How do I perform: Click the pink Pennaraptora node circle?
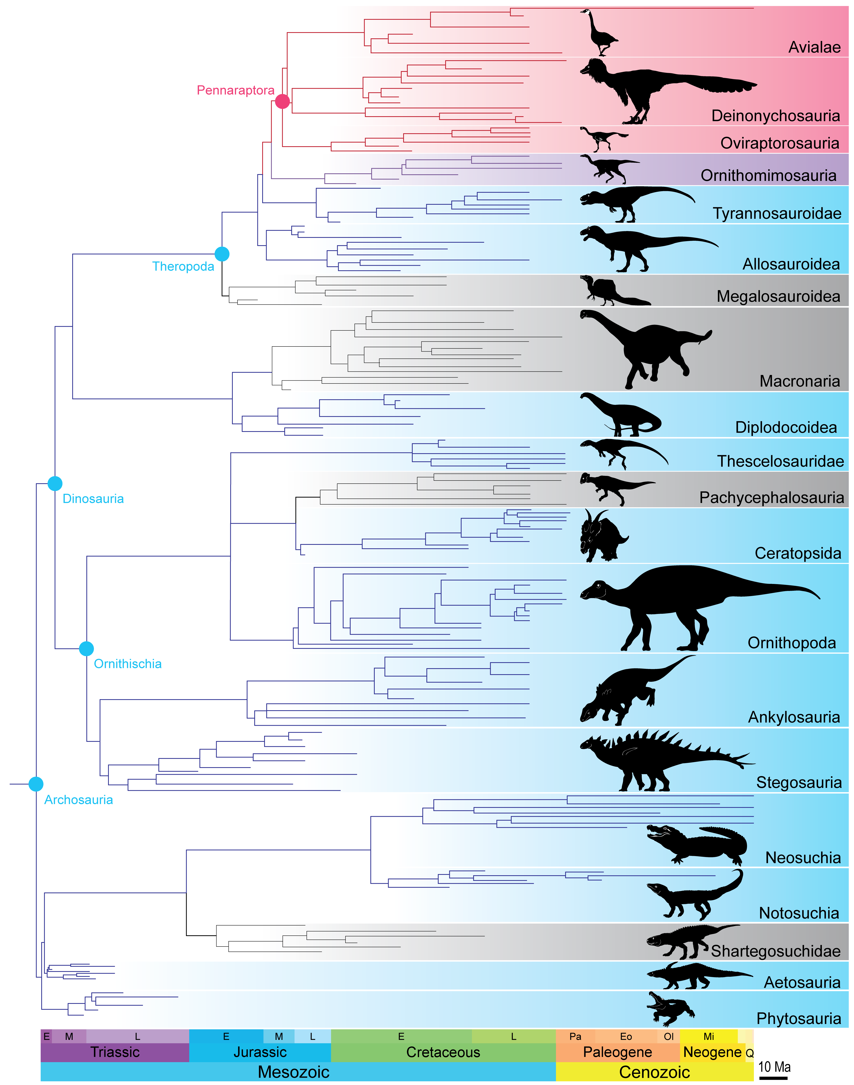[283, 101]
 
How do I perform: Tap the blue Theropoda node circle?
[222, 254]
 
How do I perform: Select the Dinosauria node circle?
[55, 483]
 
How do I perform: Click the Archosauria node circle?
[36, 784]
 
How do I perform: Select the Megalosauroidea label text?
[778, 297]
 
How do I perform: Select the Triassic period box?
[115, 1052]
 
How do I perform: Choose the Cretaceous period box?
[443, 1052]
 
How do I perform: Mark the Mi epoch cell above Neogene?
[709, 1037]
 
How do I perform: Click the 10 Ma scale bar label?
[774, 1067]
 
